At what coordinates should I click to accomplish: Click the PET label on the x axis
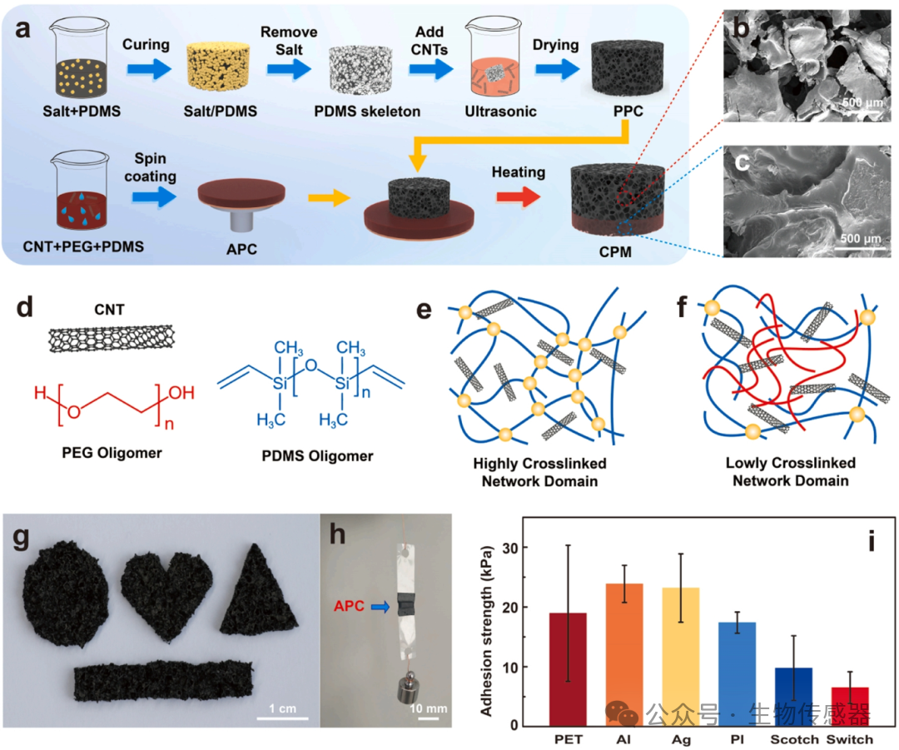(569, 738)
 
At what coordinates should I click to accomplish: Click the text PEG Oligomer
(95, 454)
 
